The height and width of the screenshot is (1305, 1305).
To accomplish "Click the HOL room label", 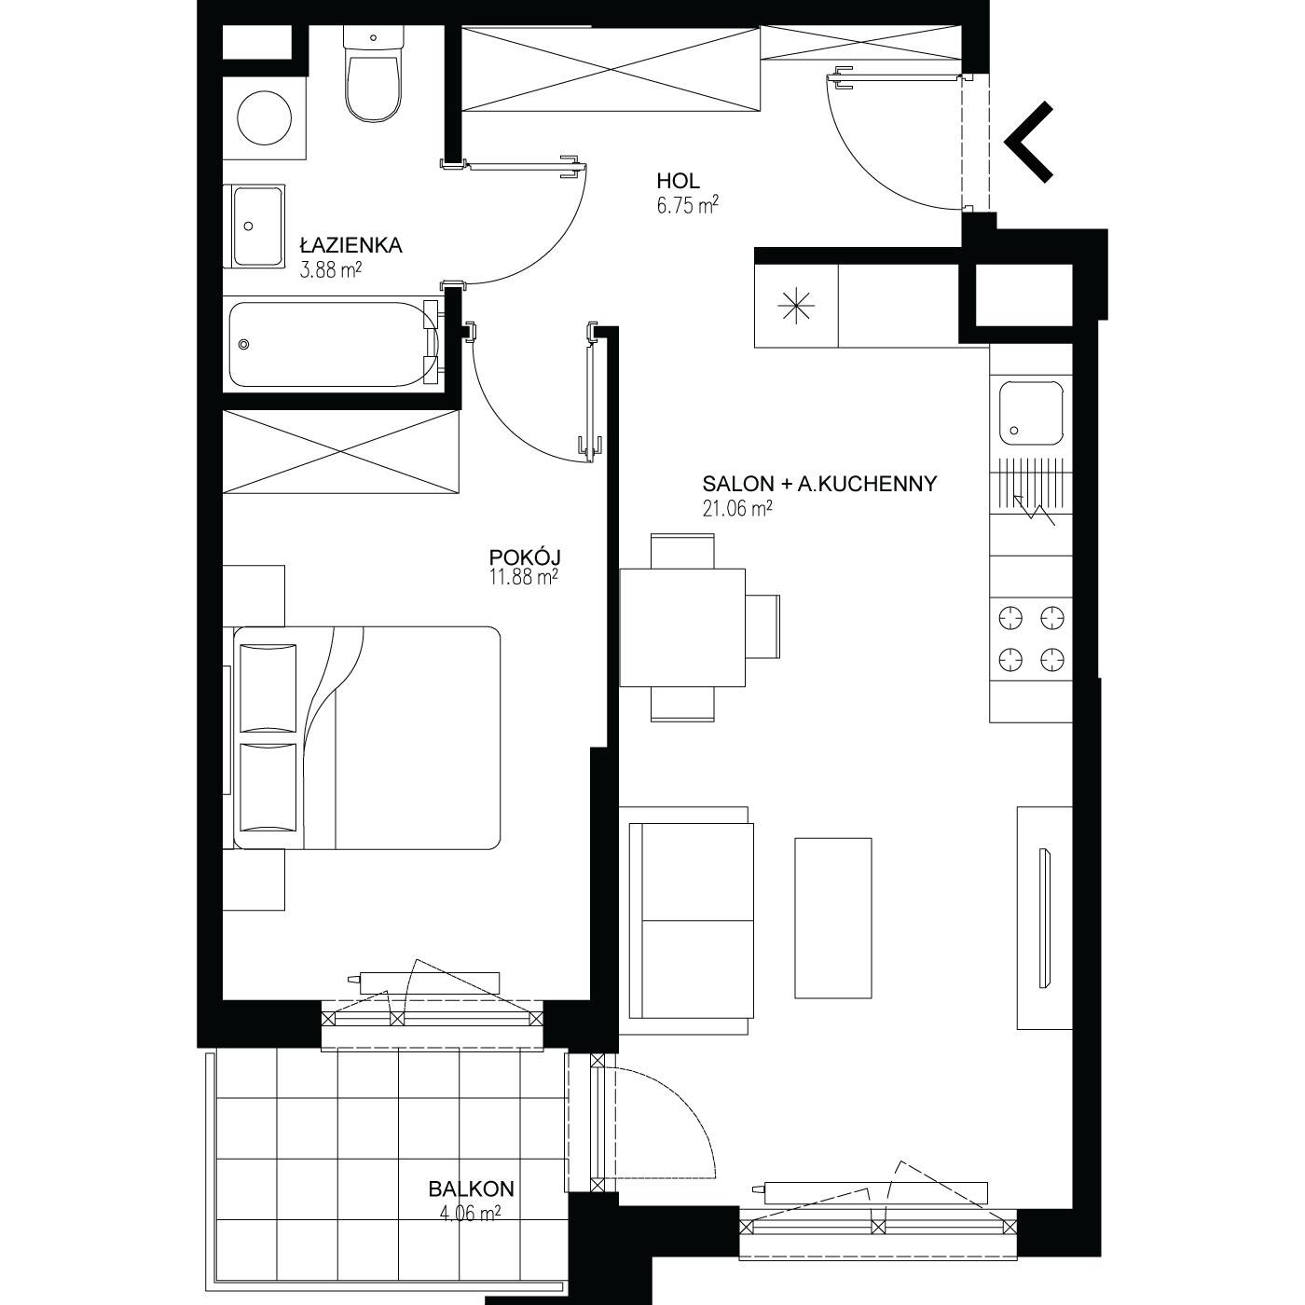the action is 678,181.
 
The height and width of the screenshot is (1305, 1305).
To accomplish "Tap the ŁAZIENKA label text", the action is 350,245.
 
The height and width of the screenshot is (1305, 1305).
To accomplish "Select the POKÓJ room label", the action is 525,556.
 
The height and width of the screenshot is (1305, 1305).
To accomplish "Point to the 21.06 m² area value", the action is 737,508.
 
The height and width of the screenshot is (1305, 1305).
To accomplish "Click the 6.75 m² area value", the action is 687,205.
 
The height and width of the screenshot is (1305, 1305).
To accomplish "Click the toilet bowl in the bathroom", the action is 373,88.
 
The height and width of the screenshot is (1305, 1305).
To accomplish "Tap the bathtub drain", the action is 244,345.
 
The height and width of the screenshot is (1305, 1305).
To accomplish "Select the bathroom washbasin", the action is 257,227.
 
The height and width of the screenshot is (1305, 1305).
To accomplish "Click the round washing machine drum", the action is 264,117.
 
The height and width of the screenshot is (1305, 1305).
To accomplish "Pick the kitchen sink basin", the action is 1031,413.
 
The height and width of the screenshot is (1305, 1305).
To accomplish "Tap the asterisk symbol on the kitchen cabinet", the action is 796,306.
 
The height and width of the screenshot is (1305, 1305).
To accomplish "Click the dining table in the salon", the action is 682,627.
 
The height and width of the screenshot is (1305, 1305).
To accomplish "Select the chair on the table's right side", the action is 762,626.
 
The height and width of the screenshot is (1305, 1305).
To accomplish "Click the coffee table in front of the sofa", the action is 833,917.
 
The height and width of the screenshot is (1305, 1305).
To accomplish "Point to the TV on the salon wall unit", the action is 1046,917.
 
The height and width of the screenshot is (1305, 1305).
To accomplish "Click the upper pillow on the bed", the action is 268,688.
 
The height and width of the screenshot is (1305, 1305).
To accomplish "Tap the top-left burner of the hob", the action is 1010,618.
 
